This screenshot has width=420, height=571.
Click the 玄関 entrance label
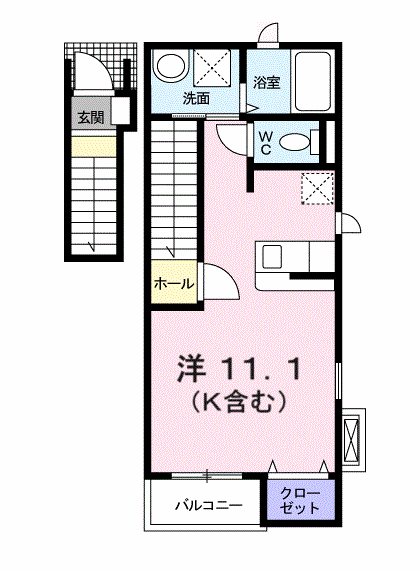(91, 117)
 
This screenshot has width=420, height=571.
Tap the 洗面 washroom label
(196, 98)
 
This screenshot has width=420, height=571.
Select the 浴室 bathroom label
(265, 83)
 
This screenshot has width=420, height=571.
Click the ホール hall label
(173, 284)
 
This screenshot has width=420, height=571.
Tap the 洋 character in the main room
(192, 369)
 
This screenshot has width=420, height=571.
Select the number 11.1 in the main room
(269, 369)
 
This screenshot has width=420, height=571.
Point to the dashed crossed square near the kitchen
(318, 187)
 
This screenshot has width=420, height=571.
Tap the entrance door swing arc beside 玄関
(97, 76)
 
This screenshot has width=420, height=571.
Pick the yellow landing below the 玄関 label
(91, 147)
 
